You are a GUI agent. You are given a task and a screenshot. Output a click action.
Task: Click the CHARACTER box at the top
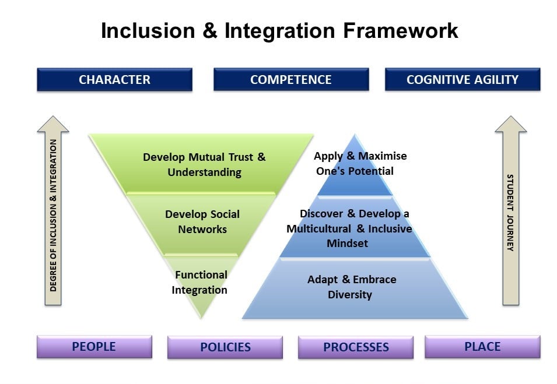click(x=114, y=80)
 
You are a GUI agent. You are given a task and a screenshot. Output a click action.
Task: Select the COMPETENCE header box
click(x=290, y=80)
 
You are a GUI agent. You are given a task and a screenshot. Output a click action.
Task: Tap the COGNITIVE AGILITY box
click(x=462, y=80)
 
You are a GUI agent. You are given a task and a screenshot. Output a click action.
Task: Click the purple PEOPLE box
click(x=94, y=347)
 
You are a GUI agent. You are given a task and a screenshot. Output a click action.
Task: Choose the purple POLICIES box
click(x=225, y=347)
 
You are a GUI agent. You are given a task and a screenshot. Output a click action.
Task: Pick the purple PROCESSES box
click(x=356, y=347)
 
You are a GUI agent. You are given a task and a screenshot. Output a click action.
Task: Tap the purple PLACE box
click(x=482, y=347)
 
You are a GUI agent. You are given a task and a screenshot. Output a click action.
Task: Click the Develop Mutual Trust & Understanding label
click(x=204, y=164)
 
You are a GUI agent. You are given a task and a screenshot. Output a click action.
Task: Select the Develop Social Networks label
click(x=202, y=221)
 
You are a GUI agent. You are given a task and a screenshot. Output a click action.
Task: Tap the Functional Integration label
click(x=199, y=282)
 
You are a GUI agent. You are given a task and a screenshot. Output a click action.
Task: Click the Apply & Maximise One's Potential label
click(x=360, y=163)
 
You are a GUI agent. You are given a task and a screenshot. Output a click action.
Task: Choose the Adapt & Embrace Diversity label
click(x=351, y=287)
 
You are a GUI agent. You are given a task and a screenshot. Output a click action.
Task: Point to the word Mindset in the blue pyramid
click(x=347, y=243)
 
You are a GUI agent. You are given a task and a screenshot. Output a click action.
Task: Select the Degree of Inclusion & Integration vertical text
click(x=54, y=215)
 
